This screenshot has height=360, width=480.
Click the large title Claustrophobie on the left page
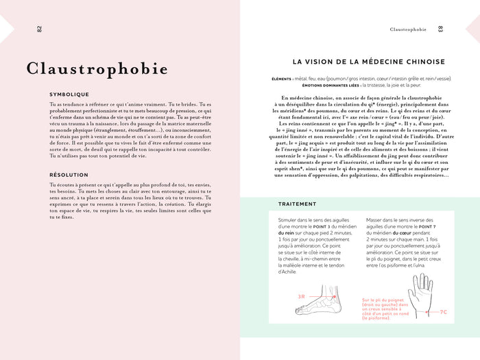point(97,69)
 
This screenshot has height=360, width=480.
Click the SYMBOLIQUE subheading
point(69,95)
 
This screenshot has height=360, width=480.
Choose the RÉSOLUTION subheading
point(69,175)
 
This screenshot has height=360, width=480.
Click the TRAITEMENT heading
point(297,204)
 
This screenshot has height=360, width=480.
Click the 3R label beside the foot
point(301,296)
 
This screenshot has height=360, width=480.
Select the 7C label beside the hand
point(443,311)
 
